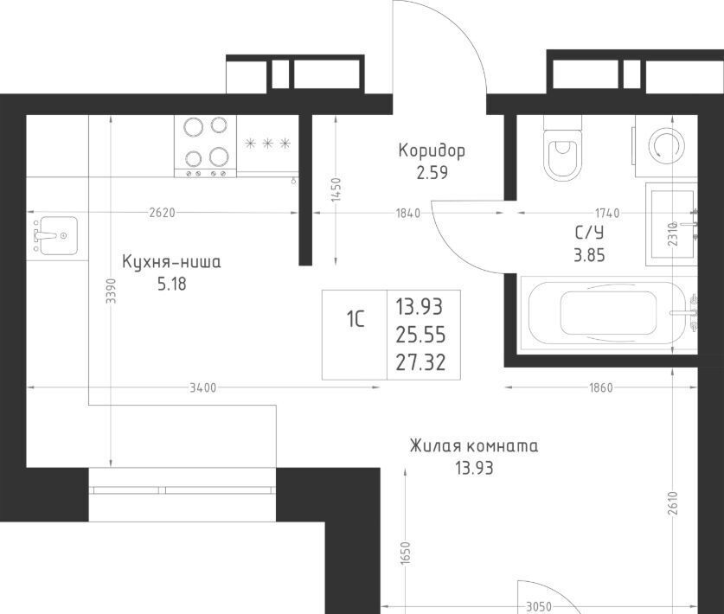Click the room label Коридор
coord(432,150)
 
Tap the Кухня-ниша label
coord(171,262)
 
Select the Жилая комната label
coord(474,446)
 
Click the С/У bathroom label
coord(589,233)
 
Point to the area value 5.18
coord(172,284)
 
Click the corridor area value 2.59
coord(432,173)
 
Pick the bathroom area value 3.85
coord(589,255)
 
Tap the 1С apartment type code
coord(355,318)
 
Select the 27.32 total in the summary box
coord(420,362)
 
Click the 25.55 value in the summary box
coord(420,335)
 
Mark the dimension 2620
coord(163,213)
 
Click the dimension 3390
coord(111,291)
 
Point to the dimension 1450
coord(336,189)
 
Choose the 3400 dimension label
coord(203,387)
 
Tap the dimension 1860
coord(601,387)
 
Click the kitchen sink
coord(58,235)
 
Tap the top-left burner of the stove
coord(194,126)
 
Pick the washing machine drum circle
coord(665,145)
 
